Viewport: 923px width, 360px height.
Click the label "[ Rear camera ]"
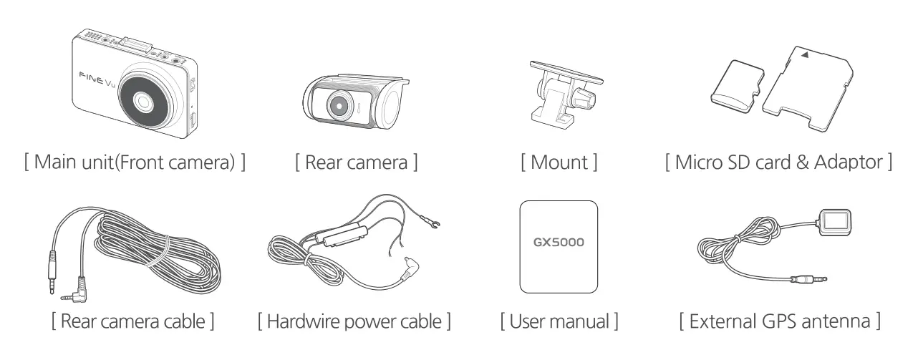click(356, 162)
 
